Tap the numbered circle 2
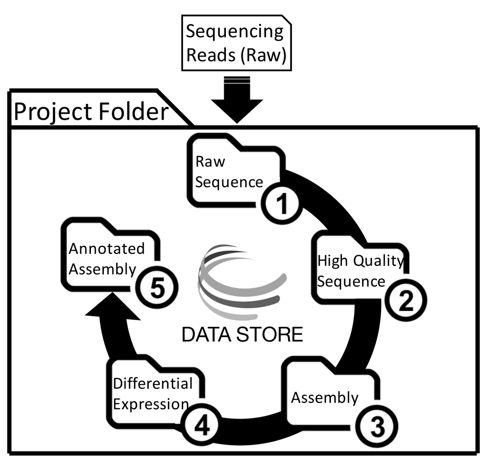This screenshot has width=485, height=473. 406,300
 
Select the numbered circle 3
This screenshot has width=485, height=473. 377,427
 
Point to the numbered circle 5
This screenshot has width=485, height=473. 157,287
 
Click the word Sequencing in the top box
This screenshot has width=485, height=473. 234,32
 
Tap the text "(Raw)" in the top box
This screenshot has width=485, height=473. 264,55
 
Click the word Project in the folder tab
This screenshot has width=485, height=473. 53,112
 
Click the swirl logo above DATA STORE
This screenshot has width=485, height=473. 242,282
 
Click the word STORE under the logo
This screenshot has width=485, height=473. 269,334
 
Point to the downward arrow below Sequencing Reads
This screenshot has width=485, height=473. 237,100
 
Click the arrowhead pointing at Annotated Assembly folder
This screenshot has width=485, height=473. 113,306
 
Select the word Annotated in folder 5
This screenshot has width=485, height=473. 107,249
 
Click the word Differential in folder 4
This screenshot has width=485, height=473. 153,383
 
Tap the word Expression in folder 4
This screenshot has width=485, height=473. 151,404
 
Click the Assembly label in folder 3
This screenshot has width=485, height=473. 325,397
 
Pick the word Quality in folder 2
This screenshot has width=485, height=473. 378,261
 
